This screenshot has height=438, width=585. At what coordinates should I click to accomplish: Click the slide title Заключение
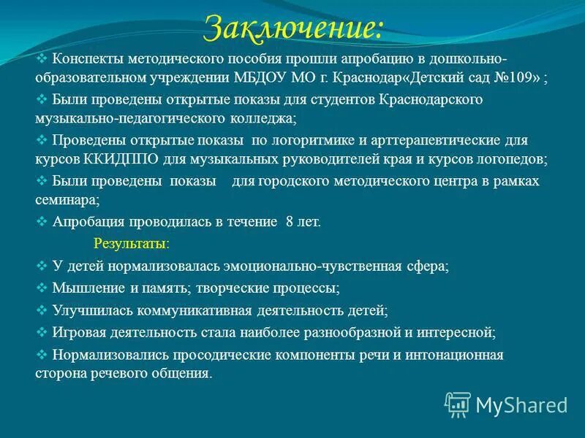tap(292, 27)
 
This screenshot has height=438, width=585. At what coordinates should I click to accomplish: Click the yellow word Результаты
tap(132, 242)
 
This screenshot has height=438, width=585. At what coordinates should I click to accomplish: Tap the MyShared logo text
tap(521, 404)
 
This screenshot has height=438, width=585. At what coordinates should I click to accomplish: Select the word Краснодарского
tap(431, 99)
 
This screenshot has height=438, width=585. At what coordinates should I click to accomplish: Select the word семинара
tap(67, 199)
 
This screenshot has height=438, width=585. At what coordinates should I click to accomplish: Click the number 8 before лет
tap(290, 220)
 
